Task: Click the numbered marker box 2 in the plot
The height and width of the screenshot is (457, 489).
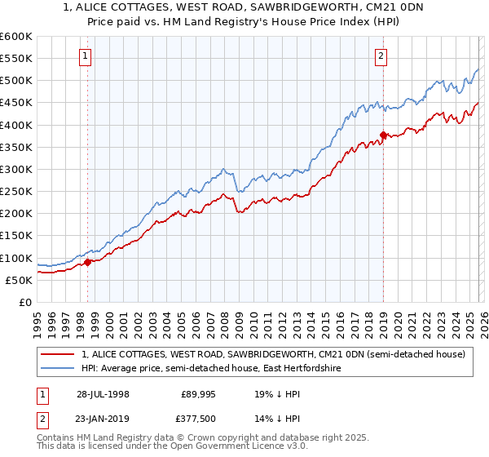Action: tap(381, 56)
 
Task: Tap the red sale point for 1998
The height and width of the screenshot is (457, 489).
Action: tap(88, 262)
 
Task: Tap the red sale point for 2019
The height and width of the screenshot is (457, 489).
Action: tap(383, 135)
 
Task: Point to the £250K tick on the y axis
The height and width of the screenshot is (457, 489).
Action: tap(16, 192)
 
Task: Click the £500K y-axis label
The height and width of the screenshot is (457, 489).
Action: tap(16, 81)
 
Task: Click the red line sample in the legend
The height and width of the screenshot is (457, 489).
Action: tap(59, 354)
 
